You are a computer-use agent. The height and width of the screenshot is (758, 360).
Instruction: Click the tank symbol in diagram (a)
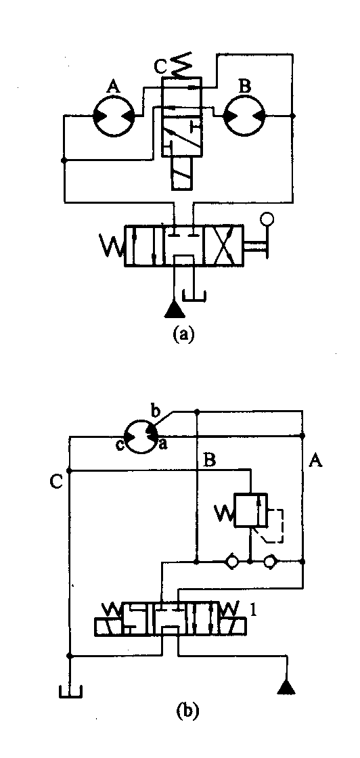click(194, 295)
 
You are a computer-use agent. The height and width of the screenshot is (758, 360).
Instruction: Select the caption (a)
click(183, 334)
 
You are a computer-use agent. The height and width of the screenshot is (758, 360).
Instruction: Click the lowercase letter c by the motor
click(119, 445)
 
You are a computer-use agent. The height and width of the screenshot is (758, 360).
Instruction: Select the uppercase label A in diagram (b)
click(315, 462)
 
